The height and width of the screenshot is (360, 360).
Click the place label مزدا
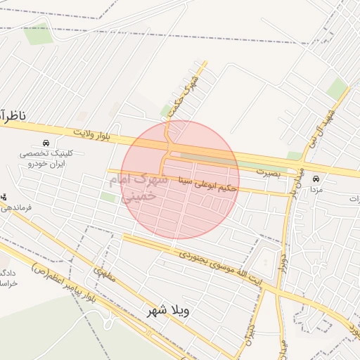coord(316,190)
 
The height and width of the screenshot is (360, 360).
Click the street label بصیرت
coord(267,171)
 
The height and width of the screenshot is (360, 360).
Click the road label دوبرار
coord(284,257)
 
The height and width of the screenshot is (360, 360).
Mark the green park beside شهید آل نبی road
coord(337,89)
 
